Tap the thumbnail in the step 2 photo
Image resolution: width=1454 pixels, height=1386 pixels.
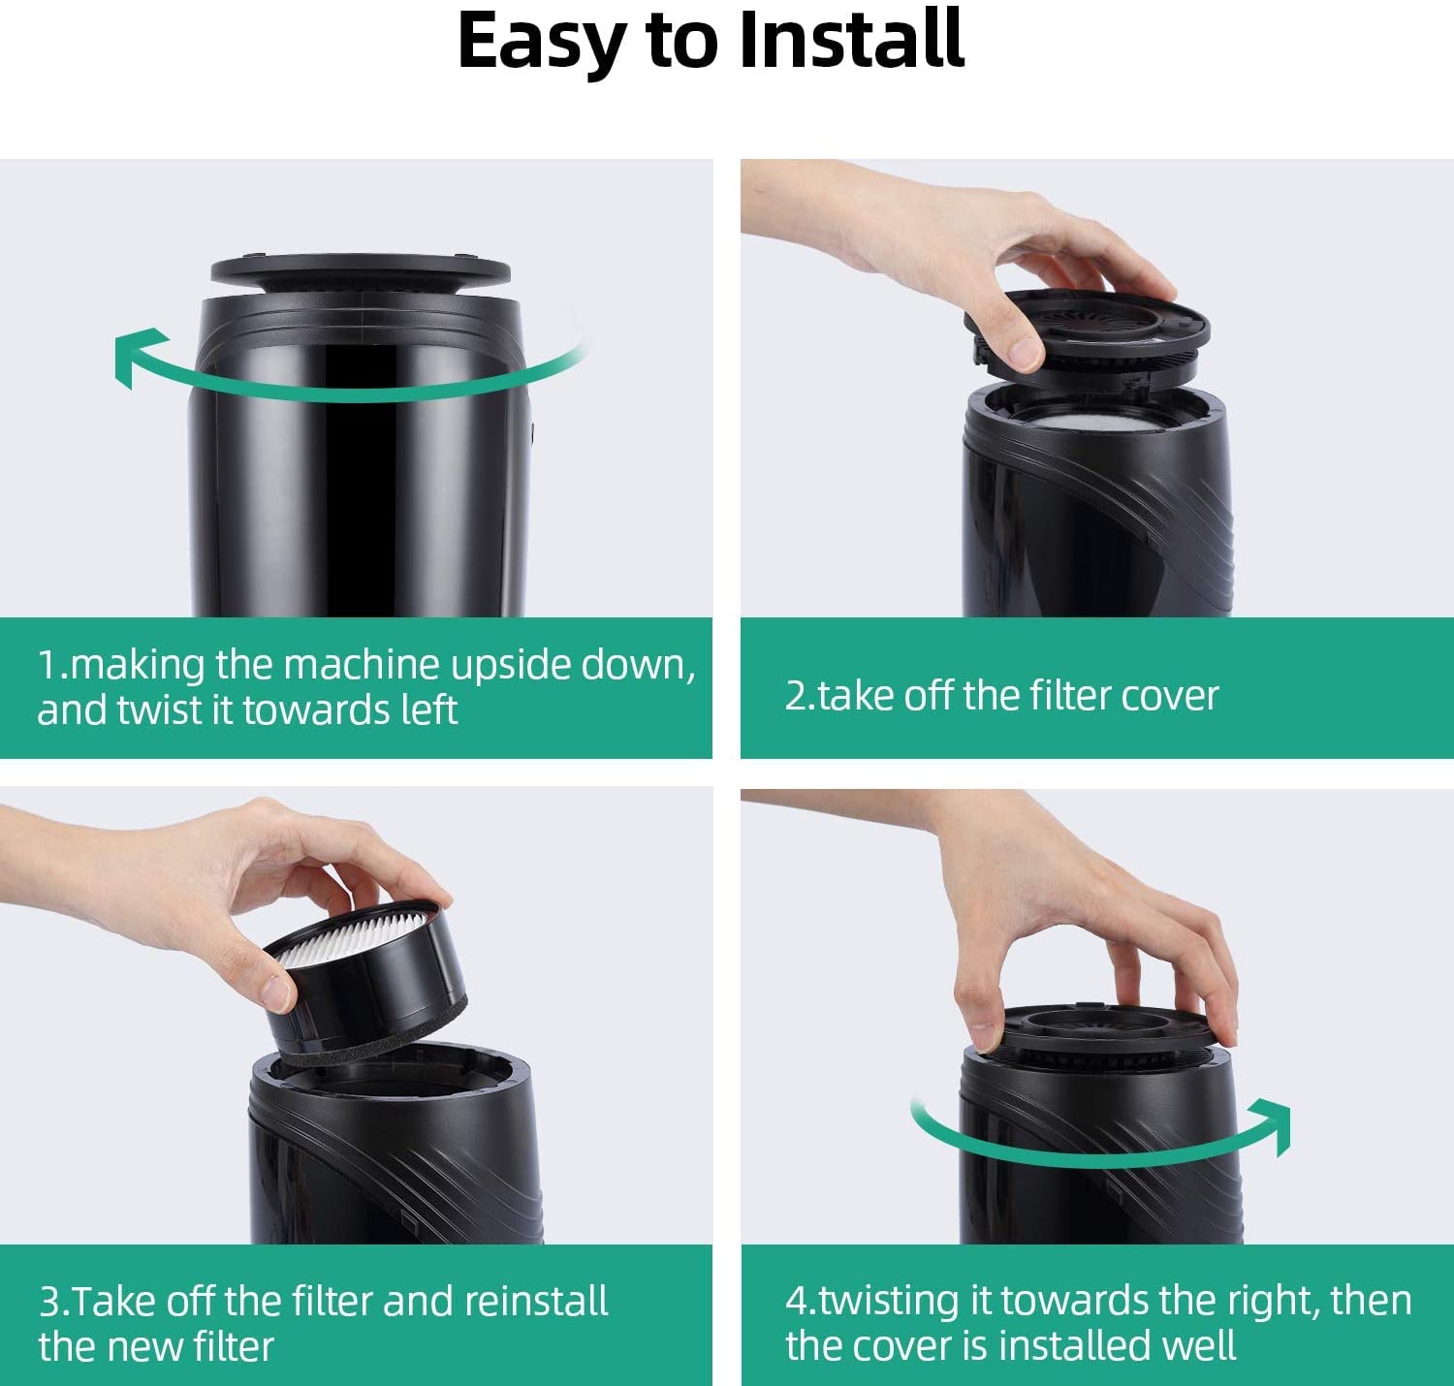1025,351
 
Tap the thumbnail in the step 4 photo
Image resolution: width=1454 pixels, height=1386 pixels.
981,1037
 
